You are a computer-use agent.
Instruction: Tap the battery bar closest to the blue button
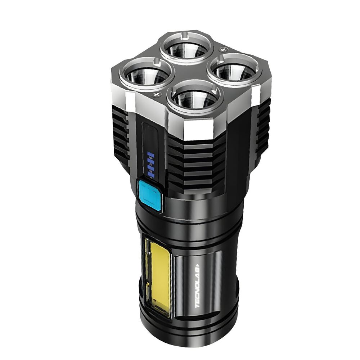coord(152,175)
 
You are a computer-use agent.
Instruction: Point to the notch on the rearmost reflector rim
coord(184,35)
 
